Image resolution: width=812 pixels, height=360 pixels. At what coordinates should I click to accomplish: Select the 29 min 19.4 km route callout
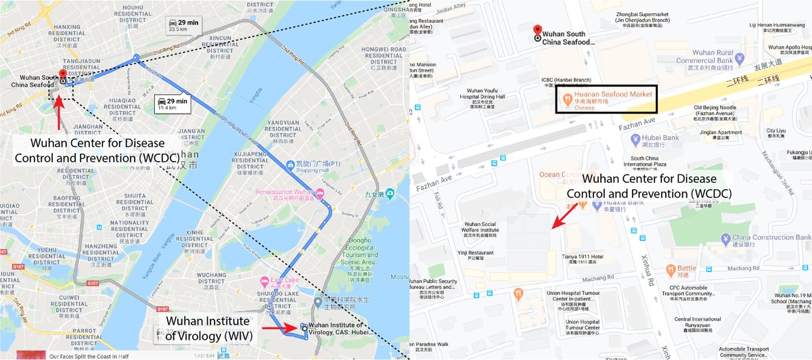pos(172,103)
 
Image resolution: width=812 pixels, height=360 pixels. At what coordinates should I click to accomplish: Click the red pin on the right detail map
pos(537,31)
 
